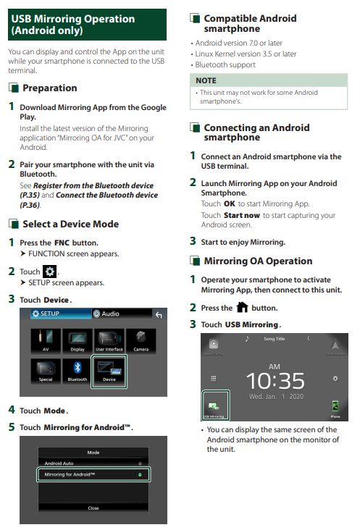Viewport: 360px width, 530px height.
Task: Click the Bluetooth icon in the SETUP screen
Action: click(78, 371)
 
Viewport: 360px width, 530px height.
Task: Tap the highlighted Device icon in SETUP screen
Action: click(109, 371)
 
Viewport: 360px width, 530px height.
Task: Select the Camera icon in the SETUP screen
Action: click(141, 341)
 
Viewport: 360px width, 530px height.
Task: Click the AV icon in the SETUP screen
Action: click(46, 341)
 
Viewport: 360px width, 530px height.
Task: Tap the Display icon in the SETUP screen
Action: click(78, 341)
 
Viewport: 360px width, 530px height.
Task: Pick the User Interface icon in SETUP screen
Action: click(109, 341)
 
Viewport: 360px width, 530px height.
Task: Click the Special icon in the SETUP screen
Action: click(46, 371)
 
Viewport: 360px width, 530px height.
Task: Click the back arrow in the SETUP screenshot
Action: click(159, 315)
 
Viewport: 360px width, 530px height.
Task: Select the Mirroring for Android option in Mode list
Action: click(93, 474)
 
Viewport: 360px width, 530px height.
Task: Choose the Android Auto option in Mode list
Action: click(93, 463)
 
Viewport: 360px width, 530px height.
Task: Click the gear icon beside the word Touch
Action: click(50, 272)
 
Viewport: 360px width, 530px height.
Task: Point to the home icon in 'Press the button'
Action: click(242, 307)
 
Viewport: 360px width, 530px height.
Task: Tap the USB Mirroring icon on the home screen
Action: click(216, 405)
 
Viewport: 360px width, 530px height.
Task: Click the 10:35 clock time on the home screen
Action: click(275, 381)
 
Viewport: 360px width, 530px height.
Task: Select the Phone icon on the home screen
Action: click(335, 409)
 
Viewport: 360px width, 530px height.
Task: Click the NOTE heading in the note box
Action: click(206, 80)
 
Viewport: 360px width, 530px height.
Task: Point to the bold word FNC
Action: click(62, 243)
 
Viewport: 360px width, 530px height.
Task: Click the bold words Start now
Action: click(242, 215)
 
